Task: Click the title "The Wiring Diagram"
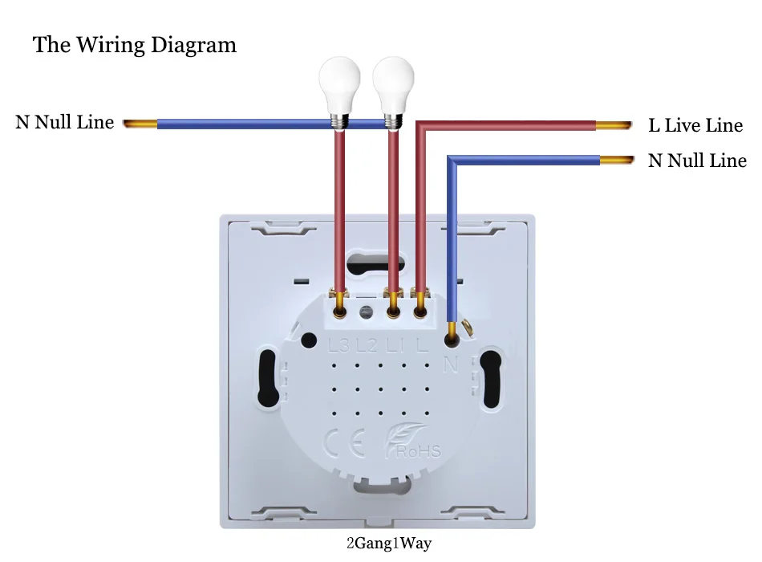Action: point(135,45)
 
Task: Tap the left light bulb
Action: point(340,92)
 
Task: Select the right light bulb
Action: point(393,92)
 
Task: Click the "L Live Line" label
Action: point(695,125)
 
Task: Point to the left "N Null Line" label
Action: point(65,122)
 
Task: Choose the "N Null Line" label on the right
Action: point(697,160)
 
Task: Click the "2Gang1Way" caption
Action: point(389,543)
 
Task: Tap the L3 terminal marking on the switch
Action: point(338,345)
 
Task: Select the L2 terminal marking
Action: point(367,345)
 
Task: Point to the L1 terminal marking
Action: point(395,345)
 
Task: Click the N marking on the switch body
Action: point(451,364)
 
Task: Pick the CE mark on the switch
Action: point(345,443)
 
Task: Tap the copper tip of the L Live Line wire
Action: point(614,125)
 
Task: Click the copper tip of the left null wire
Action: point(140,124)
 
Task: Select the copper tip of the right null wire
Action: point(617,160)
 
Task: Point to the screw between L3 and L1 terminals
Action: point(367,312)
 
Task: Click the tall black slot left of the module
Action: point(268,378)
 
